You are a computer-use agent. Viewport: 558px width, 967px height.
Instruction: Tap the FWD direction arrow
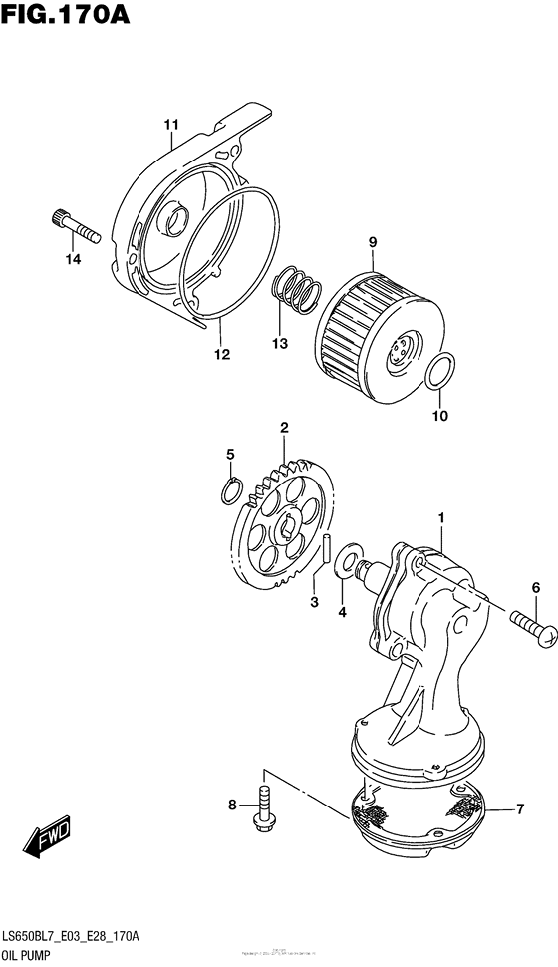point(48,840)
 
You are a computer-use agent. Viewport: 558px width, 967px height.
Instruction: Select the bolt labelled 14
point(75,228)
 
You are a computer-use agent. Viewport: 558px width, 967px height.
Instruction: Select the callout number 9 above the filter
point(372,241)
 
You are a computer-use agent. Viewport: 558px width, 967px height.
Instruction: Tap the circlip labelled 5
point(230,488)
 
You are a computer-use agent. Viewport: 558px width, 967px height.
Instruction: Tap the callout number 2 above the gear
point(284,428)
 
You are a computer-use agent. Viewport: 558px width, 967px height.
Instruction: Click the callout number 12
point(221,354)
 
